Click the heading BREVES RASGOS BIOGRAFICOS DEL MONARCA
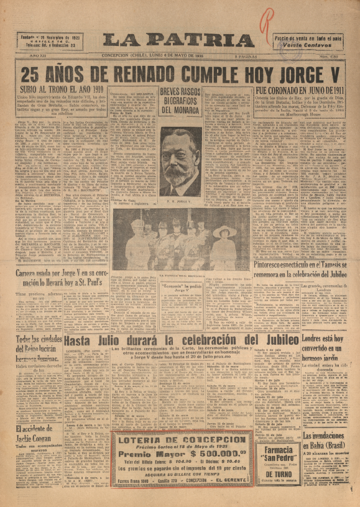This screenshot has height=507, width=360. (x=181, y=102)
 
